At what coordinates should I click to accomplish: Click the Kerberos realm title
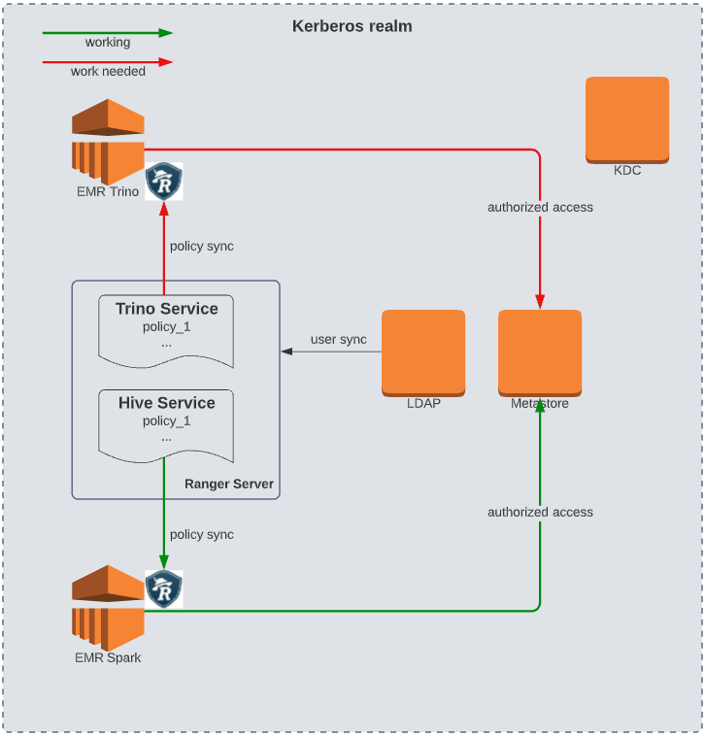pyautogui.click(x=352, y=26)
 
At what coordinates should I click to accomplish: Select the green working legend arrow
pyautogui.click(x=107, y=33)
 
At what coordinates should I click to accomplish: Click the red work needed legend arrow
pyautogui.click(x=107, y=62)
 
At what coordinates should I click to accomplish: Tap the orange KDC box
pyautogui.click(x=626, y=119)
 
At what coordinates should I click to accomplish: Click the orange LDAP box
pyautogui.click(x=423, y=352)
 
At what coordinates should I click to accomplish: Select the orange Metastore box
pyautogui.click(x=540, y=352)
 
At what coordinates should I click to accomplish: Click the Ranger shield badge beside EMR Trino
pyautogui.click(x=164, y=182)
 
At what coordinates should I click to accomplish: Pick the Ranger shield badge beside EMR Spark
pyautogui.click(x=164, y=589)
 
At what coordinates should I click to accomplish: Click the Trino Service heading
pyautogui.click(x=167, y=309)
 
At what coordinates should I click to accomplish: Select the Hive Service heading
pyautogui.click(x=167, y=402)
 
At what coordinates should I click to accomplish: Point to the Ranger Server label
pyautogui.click(x=229, y=484)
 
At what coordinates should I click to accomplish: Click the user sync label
pyautogui.click(x=338, y=339)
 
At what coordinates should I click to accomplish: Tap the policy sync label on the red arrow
pyautogui.click(x=201, y=246)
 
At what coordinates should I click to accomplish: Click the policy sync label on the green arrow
pyautogui.click(x=201, y=534)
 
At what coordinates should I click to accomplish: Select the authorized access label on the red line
pyautogui.click(x=540, y=207)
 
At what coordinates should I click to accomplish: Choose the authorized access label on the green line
pyautogui.click(x=540, y=512)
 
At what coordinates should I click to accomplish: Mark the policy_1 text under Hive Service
pyautogui.click(x=167, y=420)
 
